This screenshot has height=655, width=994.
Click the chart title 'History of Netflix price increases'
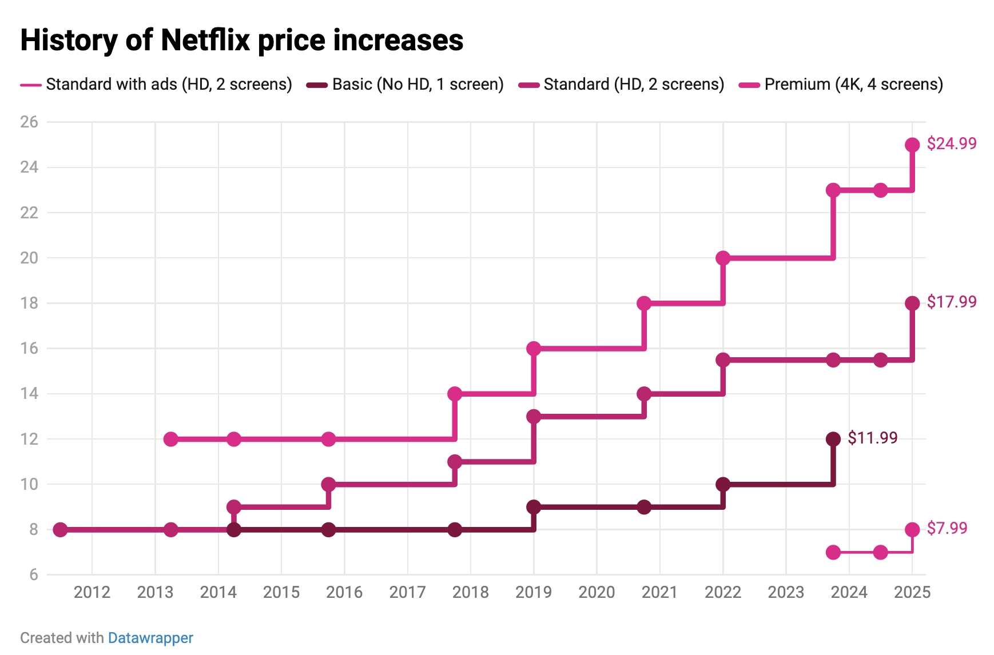pos(241,40)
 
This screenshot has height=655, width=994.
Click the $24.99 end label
pos(951,143)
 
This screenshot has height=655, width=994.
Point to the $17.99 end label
pos(951,302)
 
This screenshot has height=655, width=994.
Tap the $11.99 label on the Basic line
pos(872,438)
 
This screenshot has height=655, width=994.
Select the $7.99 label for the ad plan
pos(947,528)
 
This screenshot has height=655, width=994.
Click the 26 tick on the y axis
pos(29,122)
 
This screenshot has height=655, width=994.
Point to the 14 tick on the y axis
pos(29,393)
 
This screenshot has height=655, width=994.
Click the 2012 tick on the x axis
pos(92,592)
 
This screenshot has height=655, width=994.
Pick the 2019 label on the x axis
pos(534,592)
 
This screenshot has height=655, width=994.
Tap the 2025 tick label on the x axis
pos(912,592)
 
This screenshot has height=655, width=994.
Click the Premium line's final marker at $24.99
pos(912,145)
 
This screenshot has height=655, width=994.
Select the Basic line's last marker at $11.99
pos(833,439)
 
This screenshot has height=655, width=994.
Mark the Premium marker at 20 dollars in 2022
pos(723,258)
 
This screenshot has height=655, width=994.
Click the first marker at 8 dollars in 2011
pos(60,530)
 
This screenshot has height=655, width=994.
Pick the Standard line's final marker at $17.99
pos(912,303)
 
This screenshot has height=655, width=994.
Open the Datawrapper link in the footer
pos(150,638)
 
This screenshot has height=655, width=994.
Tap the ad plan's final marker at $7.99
pos(912,530)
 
